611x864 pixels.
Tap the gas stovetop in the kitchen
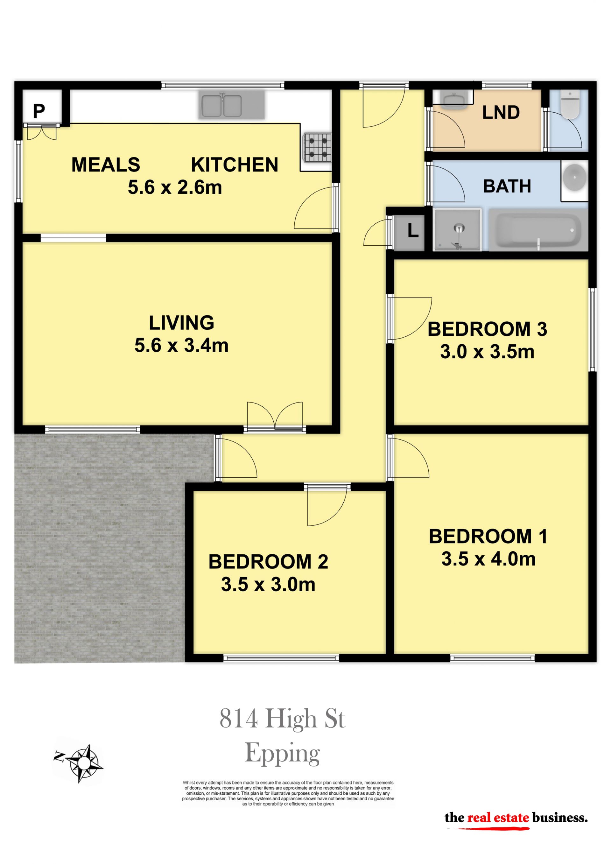click(x=318, y=148)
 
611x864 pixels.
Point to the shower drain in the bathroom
click(x=459, y=228)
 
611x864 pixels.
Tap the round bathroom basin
click(x=574, y=177)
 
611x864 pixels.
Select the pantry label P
click(x=39, y=111)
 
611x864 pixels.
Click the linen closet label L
click(x=413, y=230)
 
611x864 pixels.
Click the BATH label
click(x=507, y=186)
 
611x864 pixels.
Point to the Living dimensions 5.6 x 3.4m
click(x=181, y=345)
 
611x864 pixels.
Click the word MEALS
click(x=106, y=165)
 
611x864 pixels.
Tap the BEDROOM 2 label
click(x=268, y=561)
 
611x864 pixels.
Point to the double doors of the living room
click(x=275, y=417)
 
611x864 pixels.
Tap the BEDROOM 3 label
click(x=487, y=329)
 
